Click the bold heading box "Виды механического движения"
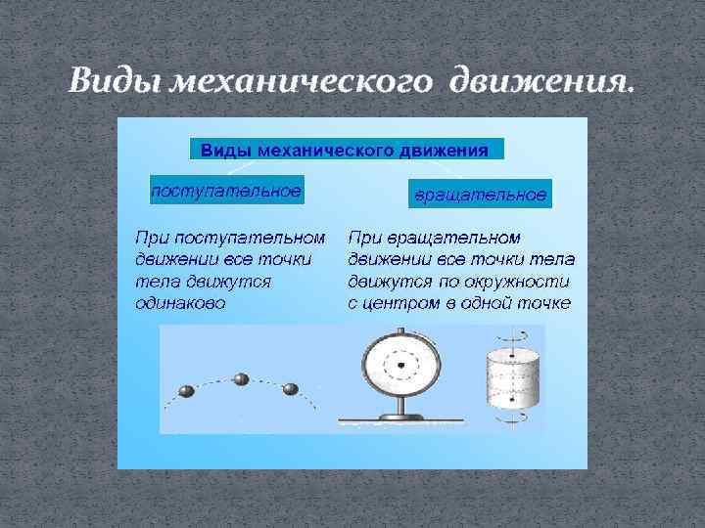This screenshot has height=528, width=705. pos(345,150)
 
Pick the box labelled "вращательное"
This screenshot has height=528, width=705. pos(480,195)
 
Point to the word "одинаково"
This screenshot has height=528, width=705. pos(181,303)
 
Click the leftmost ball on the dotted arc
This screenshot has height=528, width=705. pos(186,391)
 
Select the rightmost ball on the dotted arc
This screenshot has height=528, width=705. pos(290,389)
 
